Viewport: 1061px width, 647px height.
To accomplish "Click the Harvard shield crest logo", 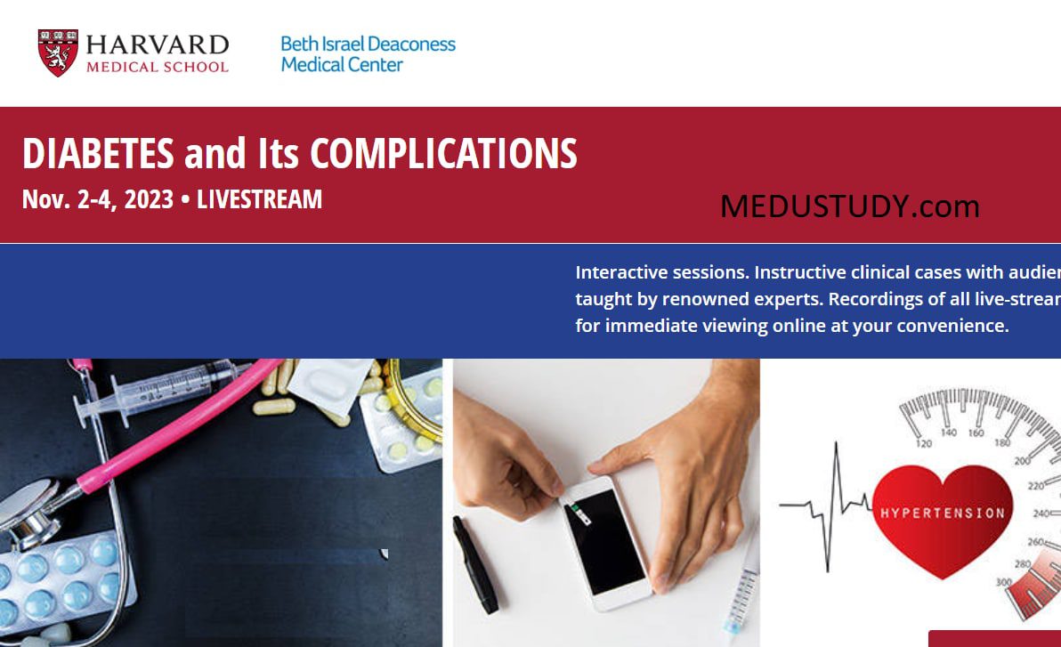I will tap(58, 53).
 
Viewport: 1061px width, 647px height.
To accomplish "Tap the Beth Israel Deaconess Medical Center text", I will tap(368, 54).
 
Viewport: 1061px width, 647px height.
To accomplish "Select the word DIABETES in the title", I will tap(98, 154).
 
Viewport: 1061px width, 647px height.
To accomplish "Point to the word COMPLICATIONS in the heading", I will tap(443, 154).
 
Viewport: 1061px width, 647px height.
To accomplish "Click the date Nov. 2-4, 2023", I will tap(97, 199).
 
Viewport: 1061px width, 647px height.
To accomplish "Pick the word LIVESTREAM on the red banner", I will tap(259, 199).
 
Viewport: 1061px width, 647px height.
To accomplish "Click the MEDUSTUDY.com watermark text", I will tap(849, 206).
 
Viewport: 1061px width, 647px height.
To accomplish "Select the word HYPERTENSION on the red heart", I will tap(942, 513).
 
